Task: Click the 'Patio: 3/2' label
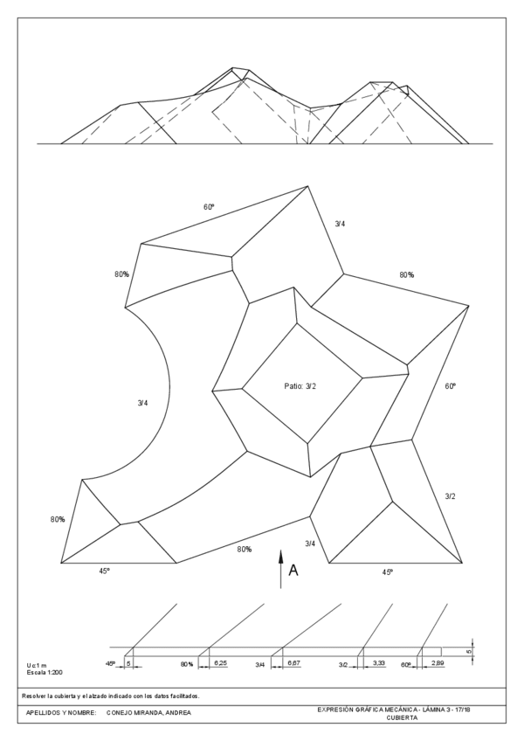[300, 385]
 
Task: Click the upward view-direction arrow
[280, 568]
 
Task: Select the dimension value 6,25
[221, 665]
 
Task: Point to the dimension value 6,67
[293, 665]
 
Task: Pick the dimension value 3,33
[379, 665]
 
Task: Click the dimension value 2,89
[437, 665]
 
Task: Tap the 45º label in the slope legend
[111, 665]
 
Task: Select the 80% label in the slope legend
[187, 665]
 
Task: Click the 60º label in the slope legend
[406, 665]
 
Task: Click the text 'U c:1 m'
[38, 666]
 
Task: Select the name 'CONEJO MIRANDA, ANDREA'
[148, 712]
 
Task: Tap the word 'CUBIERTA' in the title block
[403, 717]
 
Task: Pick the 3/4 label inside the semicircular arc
[142, 403]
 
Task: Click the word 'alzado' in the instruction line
[113, 696]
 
